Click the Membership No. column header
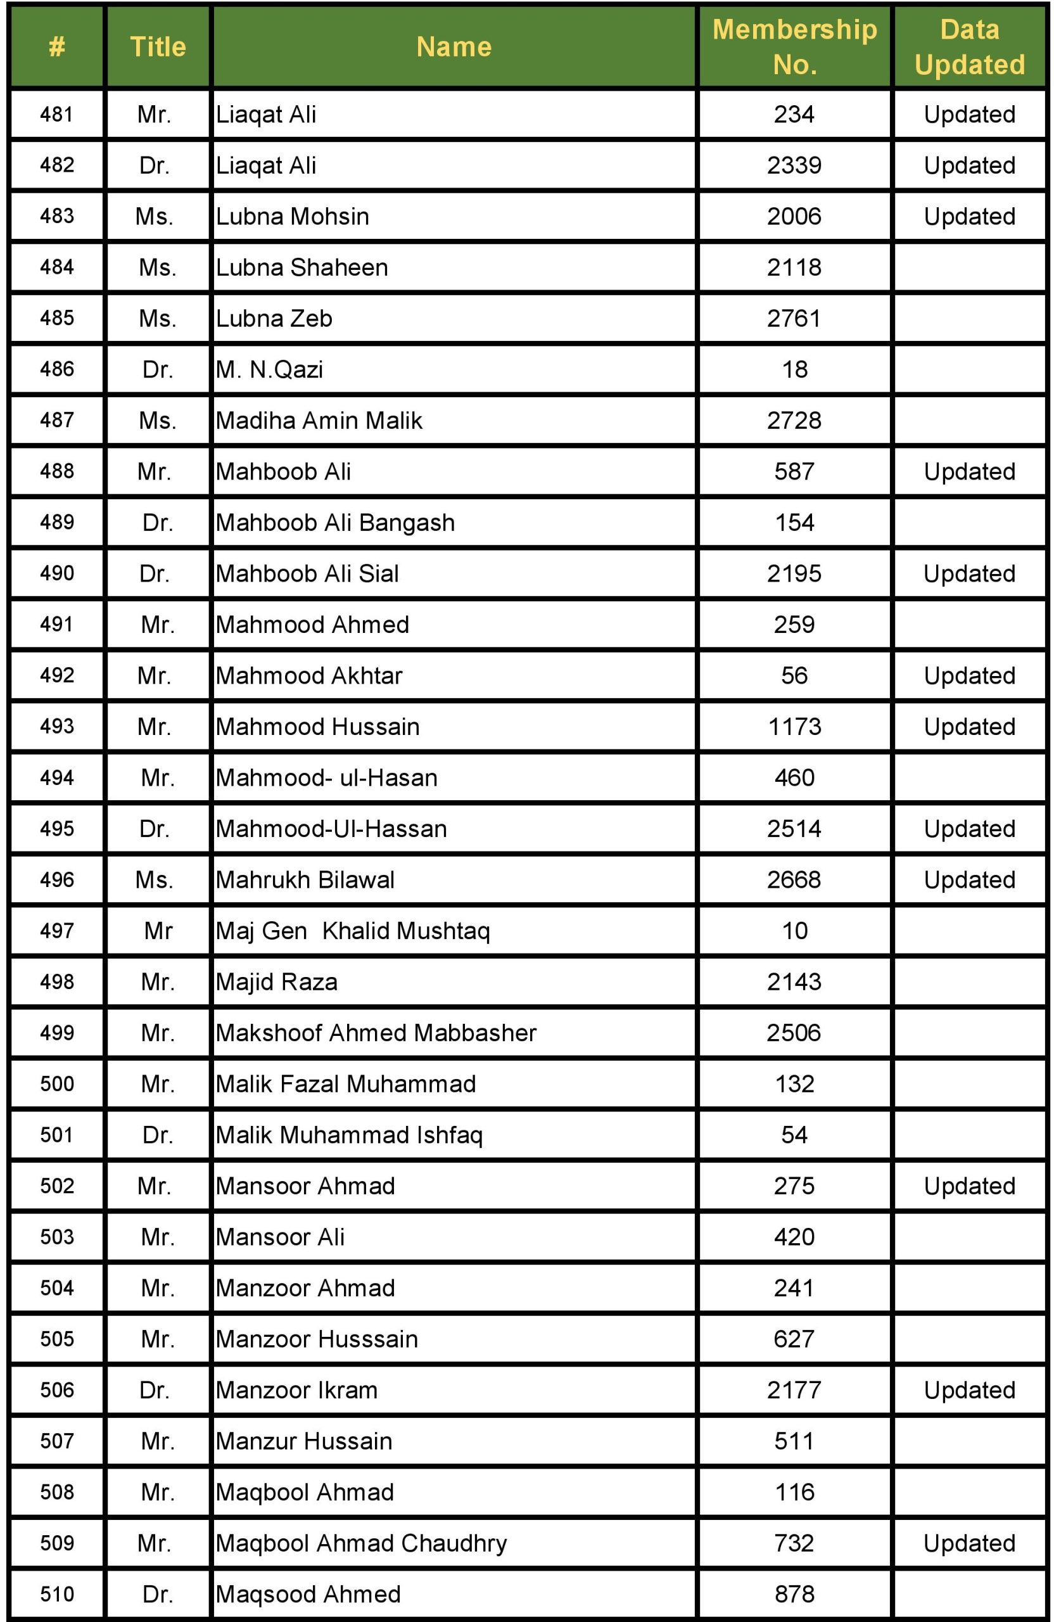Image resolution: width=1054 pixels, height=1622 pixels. coord(794,47)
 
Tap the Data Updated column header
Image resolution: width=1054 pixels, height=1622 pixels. coord(969,47)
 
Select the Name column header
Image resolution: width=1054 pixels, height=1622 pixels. coord(454,47)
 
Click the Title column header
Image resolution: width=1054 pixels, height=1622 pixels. coord(157,47)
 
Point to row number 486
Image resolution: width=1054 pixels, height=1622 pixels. coord(56,369)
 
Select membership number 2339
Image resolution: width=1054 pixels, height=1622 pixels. coord(794,165)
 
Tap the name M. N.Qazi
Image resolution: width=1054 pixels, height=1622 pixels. coord(269,369)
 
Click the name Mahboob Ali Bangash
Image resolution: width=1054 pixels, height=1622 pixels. coord(335,523)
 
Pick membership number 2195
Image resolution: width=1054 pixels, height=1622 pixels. coord(794,574)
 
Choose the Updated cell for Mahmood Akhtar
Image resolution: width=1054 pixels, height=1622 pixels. coord(969,676)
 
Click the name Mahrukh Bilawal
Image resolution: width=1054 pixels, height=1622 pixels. coord(305,880)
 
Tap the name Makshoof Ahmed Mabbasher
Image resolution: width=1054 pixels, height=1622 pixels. coord(376,1033)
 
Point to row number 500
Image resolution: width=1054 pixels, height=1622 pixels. coord(56,1084)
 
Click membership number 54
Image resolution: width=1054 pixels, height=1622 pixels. coord(794,1135)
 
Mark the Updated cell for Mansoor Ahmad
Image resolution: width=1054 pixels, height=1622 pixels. coord(969,1186)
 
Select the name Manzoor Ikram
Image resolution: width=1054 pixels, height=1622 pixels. coord(296,1390)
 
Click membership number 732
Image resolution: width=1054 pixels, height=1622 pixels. coord(794,1543)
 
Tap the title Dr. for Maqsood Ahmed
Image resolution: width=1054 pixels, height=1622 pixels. coord(157,1594)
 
